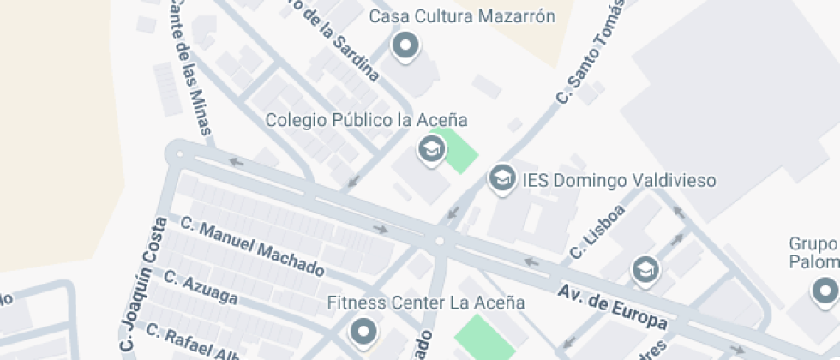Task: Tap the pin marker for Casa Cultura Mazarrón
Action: click(405, 45)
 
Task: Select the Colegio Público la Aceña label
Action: click(366, 120)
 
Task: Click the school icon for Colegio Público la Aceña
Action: click(431, 150)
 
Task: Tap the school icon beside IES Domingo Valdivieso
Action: click(501, 178)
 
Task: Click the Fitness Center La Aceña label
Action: click(426, 303)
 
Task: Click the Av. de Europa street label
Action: click(612, 308)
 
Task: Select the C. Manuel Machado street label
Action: click(252, 246)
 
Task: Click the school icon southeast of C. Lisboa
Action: click(645, 270)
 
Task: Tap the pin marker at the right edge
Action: click(826, 291)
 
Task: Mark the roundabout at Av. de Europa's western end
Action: click(179, 154)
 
